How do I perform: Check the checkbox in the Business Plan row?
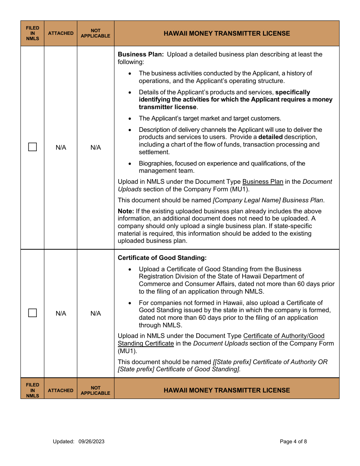tap(33, 147)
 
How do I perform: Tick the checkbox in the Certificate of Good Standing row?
tap(33, 313)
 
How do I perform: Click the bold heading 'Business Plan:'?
tap(141, 54)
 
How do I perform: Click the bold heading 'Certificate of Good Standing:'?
tap(162, 258)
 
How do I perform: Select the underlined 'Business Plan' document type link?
tap(263, 181)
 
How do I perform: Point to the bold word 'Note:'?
tap(126, 211)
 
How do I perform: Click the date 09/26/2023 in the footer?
tap(91, 441)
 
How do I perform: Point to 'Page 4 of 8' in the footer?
tap(293, 441)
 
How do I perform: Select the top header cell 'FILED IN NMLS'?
tap(33, 33)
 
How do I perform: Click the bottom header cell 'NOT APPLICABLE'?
tap(95, 390)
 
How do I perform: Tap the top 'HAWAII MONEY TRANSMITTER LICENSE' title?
tap(227, 33)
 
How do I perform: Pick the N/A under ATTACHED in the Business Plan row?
tap(61, 147)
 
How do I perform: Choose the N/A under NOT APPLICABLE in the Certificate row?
tap(95, 313)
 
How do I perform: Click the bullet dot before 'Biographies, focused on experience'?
tap(130, 164)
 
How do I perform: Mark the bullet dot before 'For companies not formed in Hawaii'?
tap(130, 303)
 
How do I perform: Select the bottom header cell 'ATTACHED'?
tap(61, 390)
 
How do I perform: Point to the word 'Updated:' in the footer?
tap(64, 441)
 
